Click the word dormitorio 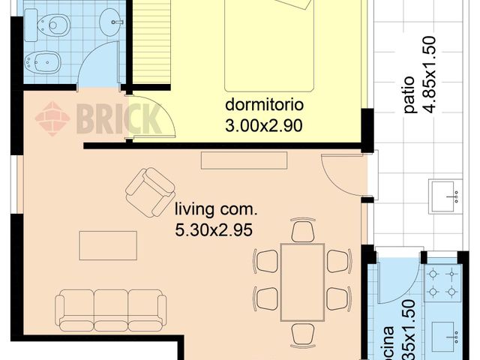[x=263, y=104]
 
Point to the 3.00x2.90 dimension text [x=263, y=126]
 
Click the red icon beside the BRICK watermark [x=52, y=118]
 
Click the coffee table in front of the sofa [x=108, y=245]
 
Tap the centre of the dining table [x=302, y=282]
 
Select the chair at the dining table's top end [x=302, y=231]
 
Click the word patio [x=409, y=96]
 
